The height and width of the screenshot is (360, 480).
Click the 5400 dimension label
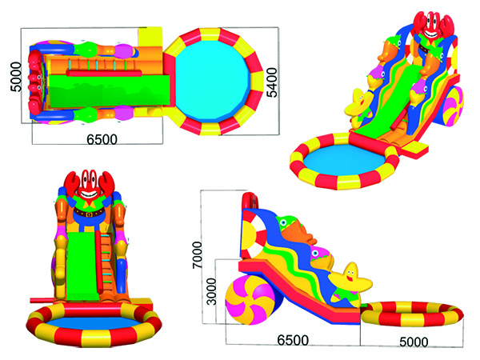pyautogui.click(x=272, y=82)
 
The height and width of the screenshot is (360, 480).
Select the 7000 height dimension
pyautogui.click(x=198, y=255)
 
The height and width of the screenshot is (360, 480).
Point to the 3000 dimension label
pyautogui.click(x=211, y=291)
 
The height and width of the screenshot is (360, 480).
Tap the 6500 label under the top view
pyautogui.click(x=102, y=139)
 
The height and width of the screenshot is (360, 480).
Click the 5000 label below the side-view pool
pyautogui.click(x=414, y=342)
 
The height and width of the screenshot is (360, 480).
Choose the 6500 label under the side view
pyautogui.click(x=293, y=341)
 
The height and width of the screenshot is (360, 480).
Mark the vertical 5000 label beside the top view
pyautogui.click(x=16, y=77)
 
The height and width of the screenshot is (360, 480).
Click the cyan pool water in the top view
pyautogui.click(x=213, y=81)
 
